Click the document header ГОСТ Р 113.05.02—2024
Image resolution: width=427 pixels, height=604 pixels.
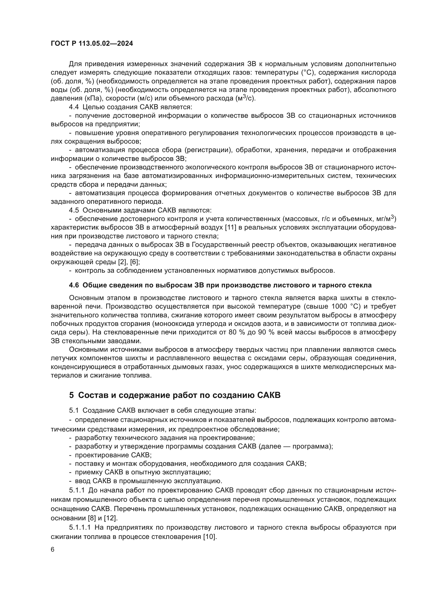pos(92,43)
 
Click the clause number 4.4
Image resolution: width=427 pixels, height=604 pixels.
pos(74,107)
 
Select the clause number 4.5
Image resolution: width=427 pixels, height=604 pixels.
pos(74,210)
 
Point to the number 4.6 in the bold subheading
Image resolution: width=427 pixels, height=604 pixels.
pos(74,285)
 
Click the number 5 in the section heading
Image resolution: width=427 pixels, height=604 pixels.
pos(72,395)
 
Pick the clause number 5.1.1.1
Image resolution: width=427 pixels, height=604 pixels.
pos(80,528)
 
